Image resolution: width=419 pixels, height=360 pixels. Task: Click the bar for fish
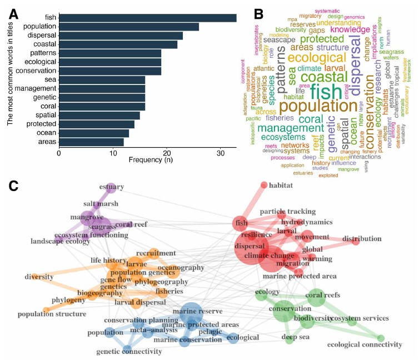pos(147,18)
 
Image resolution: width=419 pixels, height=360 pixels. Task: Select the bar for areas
pos(91,142)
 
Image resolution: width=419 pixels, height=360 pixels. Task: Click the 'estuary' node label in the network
pos(112,187)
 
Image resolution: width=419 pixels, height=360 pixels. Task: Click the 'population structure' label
pos(52,314)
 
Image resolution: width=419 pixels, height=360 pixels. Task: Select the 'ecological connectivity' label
pos(364,345)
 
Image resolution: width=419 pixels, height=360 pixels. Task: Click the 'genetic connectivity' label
pos(129,351)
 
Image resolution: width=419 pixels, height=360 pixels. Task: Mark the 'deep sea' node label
pos(295,337)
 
